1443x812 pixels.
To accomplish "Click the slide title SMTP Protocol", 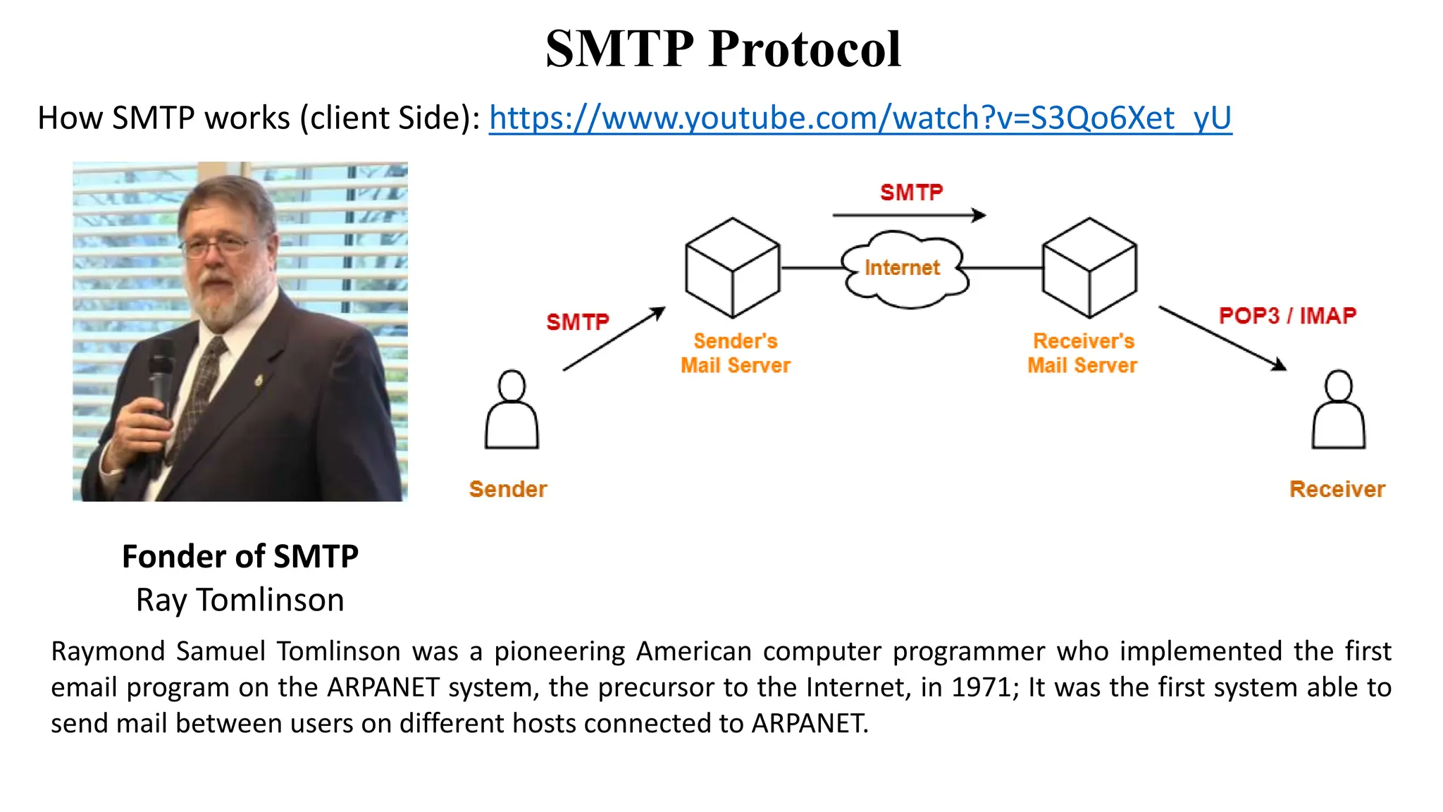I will click(723, 49).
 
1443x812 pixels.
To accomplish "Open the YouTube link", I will click(860, 118).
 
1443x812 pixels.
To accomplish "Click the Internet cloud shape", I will click(905, 270).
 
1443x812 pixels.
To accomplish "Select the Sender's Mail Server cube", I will click(733, 268).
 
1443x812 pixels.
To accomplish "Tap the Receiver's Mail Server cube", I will click(1089, 268).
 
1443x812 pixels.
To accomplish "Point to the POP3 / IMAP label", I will click(1287, 315).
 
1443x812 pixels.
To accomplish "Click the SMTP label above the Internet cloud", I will click(911, 192).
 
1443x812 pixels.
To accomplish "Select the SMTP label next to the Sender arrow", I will click(578, 322).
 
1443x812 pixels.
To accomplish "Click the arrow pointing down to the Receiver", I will click(1222, 338).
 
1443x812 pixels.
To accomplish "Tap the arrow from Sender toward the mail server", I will click(614, 339).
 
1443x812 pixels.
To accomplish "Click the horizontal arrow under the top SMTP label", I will click(909, 215).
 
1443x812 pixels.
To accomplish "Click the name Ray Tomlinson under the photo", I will click(240, 600).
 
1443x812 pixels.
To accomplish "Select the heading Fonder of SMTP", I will click(240, 556).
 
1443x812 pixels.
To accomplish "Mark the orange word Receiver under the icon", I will click(1337, 489).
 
